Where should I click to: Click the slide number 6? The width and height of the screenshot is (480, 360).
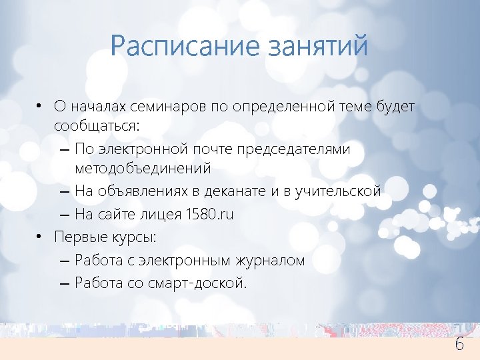pyautogui.click(x=459, y=345)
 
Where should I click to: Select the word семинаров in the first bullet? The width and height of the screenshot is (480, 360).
pyautogui.click(x=176, y=107)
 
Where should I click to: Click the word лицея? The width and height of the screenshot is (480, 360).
pyautogui.click(x=164, y=214)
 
